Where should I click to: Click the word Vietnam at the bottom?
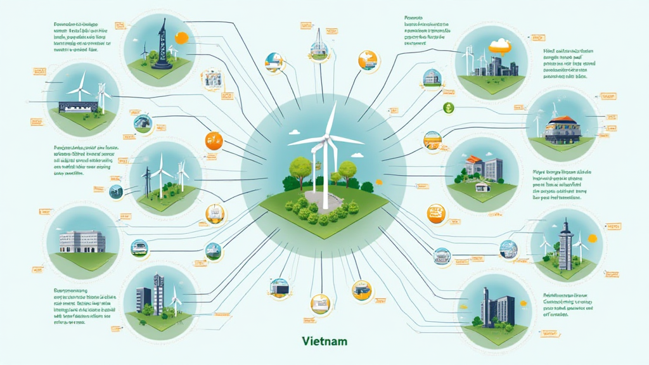[x=325, y=342]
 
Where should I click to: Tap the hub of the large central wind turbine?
[x=326, y=137]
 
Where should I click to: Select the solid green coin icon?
[x=449, y=108]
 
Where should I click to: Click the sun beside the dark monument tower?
[x=181, y=37]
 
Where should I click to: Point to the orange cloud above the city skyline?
[x=500, y=46]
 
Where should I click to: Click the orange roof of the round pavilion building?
[x=562, y=121]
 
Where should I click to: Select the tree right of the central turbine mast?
[x=347, y=169]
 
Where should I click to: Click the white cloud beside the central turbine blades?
[x=295, y=132]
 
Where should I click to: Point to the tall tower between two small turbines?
[x=565, y=243]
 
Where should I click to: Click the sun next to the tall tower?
[x=593, y=238]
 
